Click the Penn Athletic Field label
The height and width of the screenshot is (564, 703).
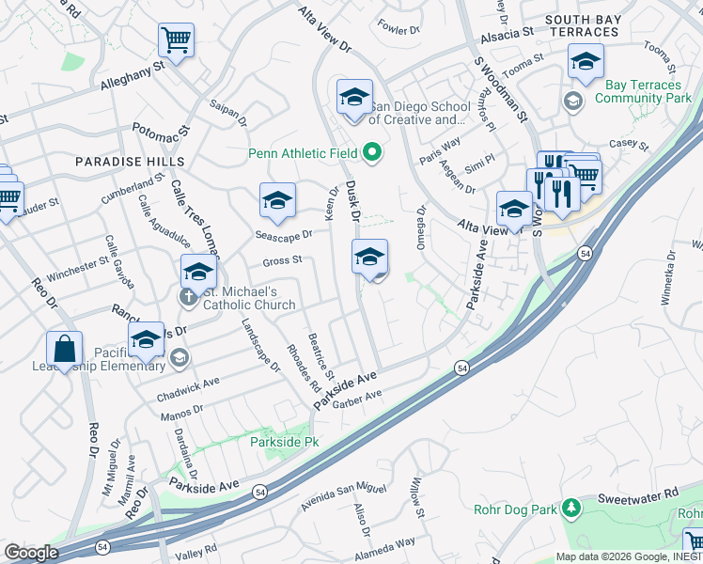point(304,153)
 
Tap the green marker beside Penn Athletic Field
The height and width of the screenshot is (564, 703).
point(373,152)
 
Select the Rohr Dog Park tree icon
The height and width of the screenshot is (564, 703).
point(570,509)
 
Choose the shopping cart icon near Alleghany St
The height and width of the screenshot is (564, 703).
point(176,40)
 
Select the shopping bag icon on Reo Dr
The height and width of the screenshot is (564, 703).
point(64,349)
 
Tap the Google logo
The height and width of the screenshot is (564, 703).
point(31,553)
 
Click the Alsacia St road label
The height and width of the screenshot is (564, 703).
point(508,30)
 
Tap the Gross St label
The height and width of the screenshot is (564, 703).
point(282,259)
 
